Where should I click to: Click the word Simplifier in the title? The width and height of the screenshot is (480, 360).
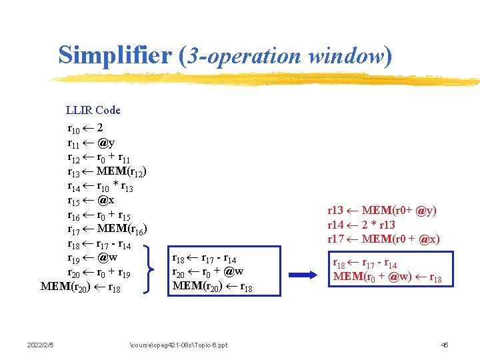point(115,55)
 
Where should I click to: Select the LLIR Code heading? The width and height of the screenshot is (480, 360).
point(93,110)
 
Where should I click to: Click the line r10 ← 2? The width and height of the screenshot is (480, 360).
point(85,127)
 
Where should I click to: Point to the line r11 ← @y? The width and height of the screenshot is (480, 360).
point(91,142)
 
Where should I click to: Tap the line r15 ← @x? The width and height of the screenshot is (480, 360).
point(91,200)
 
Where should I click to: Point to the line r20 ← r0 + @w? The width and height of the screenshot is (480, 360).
point(207,272)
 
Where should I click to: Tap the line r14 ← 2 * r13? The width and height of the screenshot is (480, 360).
point(361,225)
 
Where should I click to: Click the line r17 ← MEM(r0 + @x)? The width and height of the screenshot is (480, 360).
point(383,239)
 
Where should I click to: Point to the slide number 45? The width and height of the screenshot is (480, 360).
point(445,345)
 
